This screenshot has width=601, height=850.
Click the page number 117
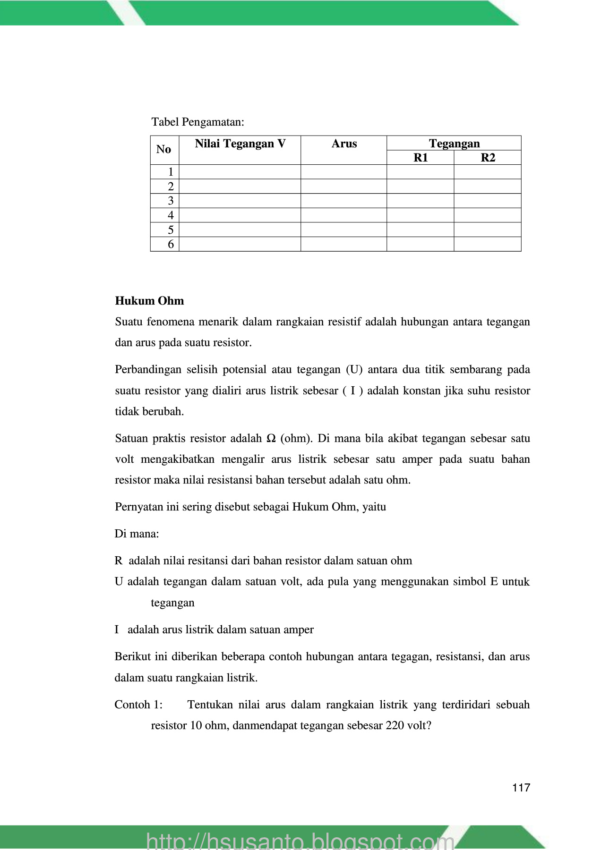pyautogui.click(x=521, y=787)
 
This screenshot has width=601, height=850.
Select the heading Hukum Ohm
pyautogui.click(x=149, y=301)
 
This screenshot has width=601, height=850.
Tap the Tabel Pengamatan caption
pyautogui.click(x=197, y=122)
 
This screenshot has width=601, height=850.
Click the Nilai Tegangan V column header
pyautogui.click(x=240, y=144)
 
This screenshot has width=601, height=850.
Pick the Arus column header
pyautogui.click(x=344, y=144)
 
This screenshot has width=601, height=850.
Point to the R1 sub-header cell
pyautogui.click(x=420, y=158)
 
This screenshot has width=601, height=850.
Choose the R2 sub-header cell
pyautogui.click(x=488, y=158)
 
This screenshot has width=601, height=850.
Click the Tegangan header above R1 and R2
pyautogui.click(x=454, y=143)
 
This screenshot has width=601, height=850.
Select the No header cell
pyautogui.click(x=163, y=149)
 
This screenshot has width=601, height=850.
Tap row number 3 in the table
pyautogui.click(x=171, y=201)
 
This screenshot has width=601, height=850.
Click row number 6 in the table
pyautogui.click(x=171, y=244)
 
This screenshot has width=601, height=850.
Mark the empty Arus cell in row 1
pyautogui.click(x=343, y=172)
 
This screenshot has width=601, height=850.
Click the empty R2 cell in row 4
pyautogui.click(x=488, y=215)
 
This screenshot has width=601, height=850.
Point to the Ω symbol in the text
pyautogui.click(x=271, y=438)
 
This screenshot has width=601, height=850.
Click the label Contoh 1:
pyautogui.click(x=138, y=705)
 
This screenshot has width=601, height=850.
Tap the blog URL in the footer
pyautogui.click(x=300, y=841)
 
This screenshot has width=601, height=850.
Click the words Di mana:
pyautogui.click(x=137, y=534)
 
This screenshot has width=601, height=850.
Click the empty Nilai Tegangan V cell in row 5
pyautogui.click(x=240, y=230)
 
